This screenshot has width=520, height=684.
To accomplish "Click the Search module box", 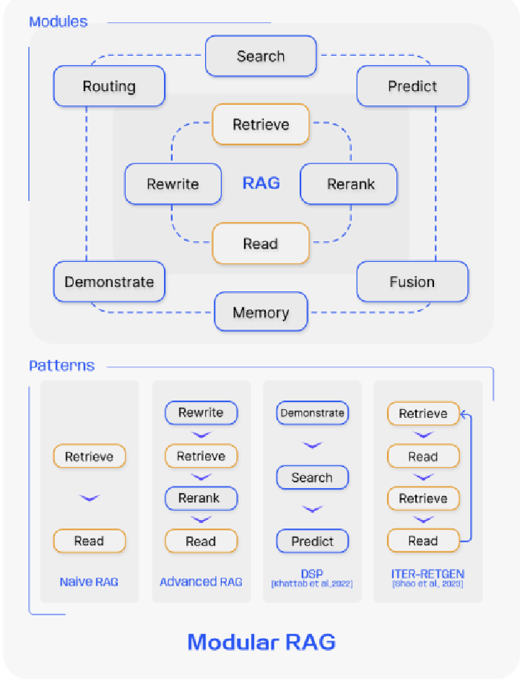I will click(x=261, y=56).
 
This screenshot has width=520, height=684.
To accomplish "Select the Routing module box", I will click(x=109, y=87).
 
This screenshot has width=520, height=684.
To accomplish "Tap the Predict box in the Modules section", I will click(x=412, y=87).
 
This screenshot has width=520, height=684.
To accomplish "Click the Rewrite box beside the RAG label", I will click(x=173, y=184).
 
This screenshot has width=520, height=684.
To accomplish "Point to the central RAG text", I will click(x=261, y=183).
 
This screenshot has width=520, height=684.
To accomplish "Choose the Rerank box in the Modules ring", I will click(x=350, y=184).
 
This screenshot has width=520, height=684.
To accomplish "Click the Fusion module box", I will click(x=412, y=282).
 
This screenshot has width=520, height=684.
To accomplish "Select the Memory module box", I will click(x=261, y=312).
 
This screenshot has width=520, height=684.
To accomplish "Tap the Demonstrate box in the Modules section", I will click(x=109, y=282).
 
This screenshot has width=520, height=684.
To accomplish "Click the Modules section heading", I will click(x=58, y=21).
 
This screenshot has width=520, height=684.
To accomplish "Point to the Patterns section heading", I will click(x=61, y=365).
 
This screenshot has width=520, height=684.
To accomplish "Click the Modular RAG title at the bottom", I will click(x=261, y=641).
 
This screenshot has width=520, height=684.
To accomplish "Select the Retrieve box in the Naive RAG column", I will click(x=90, y=457).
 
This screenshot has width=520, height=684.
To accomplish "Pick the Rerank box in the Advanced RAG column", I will click(x=201, y=498).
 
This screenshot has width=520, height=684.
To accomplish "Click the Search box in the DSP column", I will click(x=312, y=478).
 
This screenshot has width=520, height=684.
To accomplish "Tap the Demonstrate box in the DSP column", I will click(x=312, y=414).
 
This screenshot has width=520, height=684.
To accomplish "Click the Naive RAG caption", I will click(x=89, y=581).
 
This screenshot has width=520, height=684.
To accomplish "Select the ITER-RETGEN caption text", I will click(x=422, y=575).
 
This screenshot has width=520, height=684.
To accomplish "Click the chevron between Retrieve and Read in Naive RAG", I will click(x=90, y=498).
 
